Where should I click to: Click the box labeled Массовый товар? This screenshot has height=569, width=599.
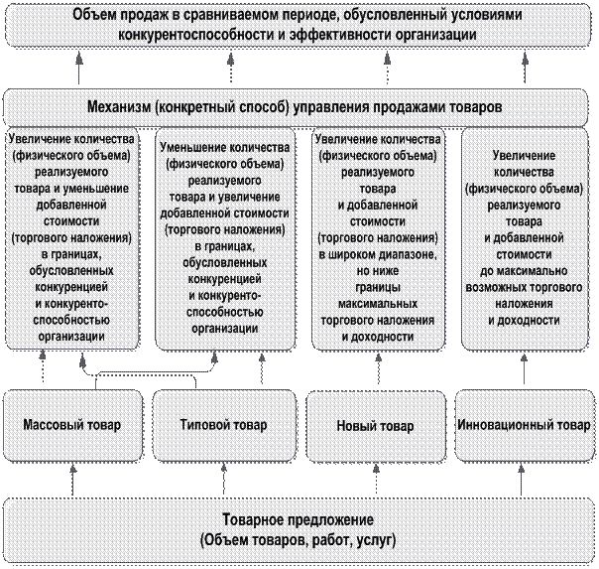pyautogui.click(x=72, y=426)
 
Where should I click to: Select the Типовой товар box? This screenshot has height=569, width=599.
pyautogui.click(x=224, y=426)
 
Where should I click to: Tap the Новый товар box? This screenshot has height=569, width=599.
pyautogui.click(x=376, y=426)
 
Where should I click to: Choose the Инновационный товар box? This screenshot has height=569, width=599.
pyautogui.click(x=525, y=426)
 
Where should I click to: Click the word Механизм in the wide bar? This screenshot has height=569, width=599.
pyautogui.click(x=119, y=107)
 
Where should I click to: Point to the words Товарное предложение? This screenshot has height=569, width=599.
pyautogui.click(x=299, y=520)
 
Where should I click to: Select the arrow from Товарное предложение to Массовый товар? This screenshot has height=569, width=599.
pyautogui.click(x=73, y=481)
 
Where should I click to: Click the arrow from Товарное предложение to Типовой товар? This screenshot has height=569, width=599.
pyautogui.click(x=223, y=481)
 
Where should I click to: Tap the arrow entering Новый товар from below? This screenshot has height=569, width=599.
pyautogui.click(x=376, y=481)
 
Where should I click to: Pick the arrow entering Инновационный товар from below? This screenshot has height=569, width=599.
pyautogui.click(x=522, y=481)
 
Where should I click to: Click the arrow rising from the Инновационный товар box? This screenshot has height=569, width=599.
pyautogui.click(x=524, y=368)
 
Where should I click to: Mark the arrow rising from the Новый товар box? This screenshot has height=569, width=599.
pyautogui.click(x=378, y=368)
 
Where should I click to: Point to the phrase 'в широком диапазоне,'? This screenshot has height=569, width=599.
pyautogui.click(x=378, y=254)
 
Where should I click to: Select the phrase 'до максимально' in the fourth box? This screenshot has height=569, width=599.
pyautogui.click(x=524, y=271)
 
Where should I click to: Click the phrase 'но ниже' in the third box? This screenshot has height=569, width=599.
pyautogui.click(x=378, y=271)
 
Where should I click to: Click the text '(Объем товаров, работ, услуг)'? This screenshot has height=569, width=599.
pyautogui.click(x=299, y=540)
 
